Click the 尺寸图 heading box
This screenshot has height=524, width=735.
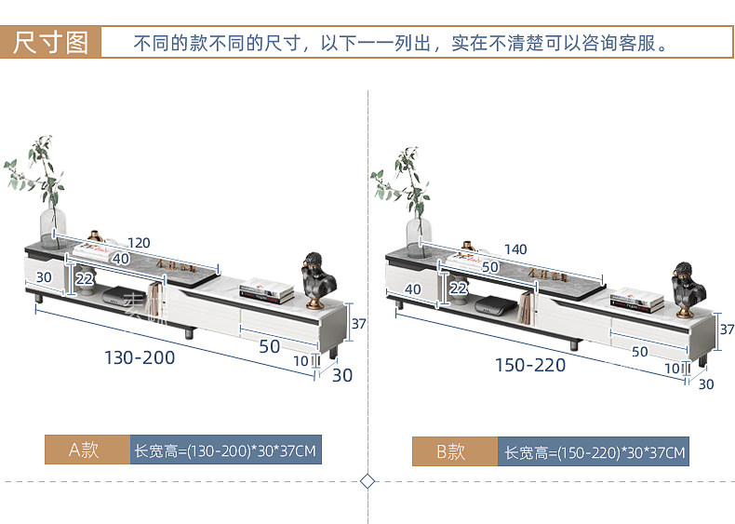click(x=51, y=43)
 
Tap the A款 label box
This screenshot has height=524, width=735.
click(x=87, y=450)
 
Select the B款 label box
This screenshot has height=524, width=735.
click(x=454, y=452)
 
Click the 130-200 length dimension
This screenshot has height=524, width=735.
click(x=140, y=356)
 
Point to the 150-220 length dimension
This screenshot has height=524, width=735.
click(x=530, y=365)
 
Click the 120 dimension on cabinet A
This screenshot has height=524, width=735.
click(x=139, y=244)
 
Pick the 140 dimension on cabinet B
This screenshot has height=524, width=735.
click(x=514, y=249)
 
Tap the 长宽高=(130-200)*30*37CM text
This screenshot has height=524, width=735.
click(x=226, y=451)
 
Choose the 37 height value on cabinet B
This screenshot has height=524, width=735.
click(x=727, y=329)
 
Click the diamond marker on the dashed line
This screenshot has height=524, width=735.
click(x=367, y=481)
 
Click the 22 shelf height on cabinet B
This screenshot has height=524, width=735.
click(x=458, y=289)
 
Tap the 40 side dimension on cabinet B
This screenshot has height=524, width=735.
click(x=413, y=289)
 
